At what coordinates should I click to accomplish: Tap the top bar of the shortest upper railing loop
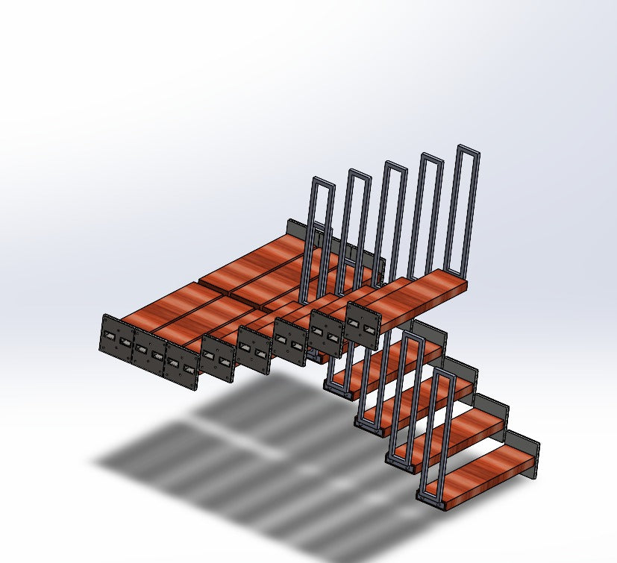point(322,181)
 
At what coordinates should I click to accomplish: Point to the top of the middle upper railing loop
point(395,165)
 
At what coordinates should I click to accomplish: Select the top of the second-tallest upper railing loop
point(432,157)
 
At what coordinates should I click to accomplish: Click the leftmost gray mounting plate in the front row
point(116,341)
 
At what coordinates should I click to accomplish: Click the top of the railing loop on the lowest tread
point(442,374)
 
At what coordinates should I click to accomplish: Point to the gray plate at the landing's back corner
point(295,227)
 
